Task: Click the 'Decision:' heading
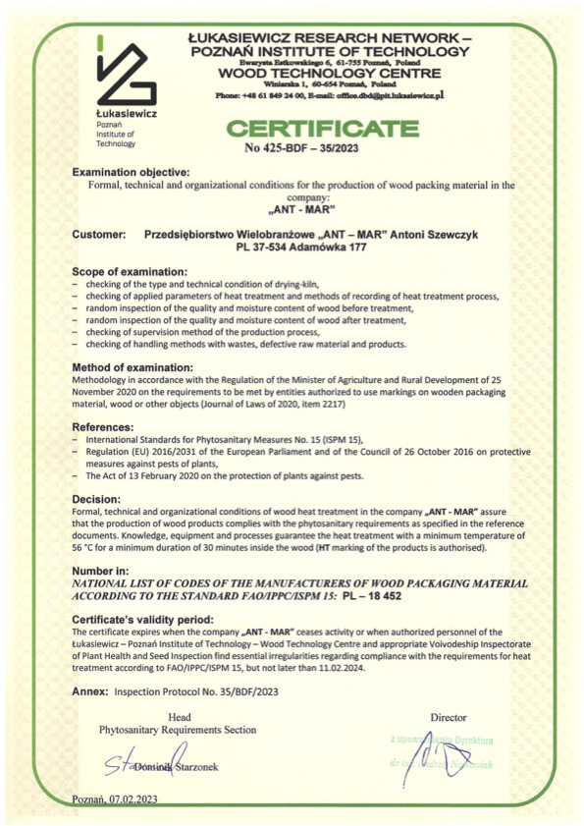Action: point(98,497)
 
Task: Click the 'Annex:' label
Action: point(90,692)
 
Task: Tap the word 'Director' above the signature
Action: point(448,717)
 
